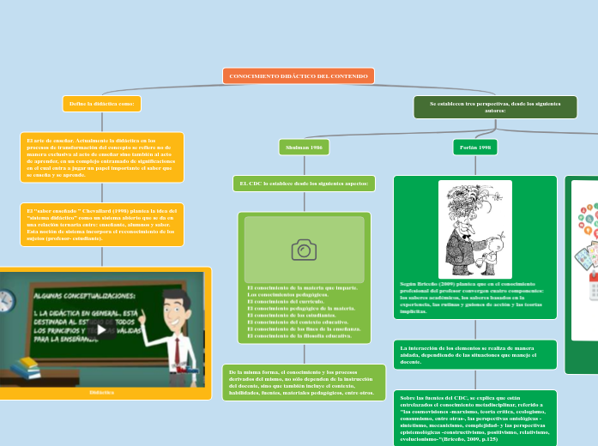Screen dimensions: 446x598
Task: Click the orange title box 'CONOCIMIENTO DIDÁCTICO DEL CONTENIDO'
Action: tap(299, 76)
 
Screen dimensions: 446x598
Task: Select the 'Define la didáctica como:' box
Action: tap(101, 104)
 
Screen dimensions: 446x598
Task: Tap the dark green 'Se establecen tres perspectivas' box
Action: tap(495, 107)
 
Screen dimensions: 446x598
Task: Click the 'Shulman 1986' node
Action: tap(305, 148)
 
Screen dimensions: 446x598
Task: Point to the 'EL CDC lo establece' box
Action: tap(304, 184)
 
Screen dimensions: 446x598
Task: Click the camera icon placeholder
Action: tap(304, 250)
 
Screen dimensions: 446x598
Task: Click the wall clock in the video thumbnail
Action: tap(4, 300)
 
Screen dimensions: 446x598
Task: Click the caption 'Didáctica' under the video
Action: tap(101, 391)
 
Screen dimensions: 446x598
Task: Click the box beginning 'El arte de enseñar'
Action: tap(101, 157)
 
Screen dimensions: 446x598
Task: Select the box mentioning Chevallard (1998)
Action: tap(101, 224)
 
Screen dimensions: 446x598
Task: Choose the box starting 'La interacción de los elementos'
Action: tap(474, 354)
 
